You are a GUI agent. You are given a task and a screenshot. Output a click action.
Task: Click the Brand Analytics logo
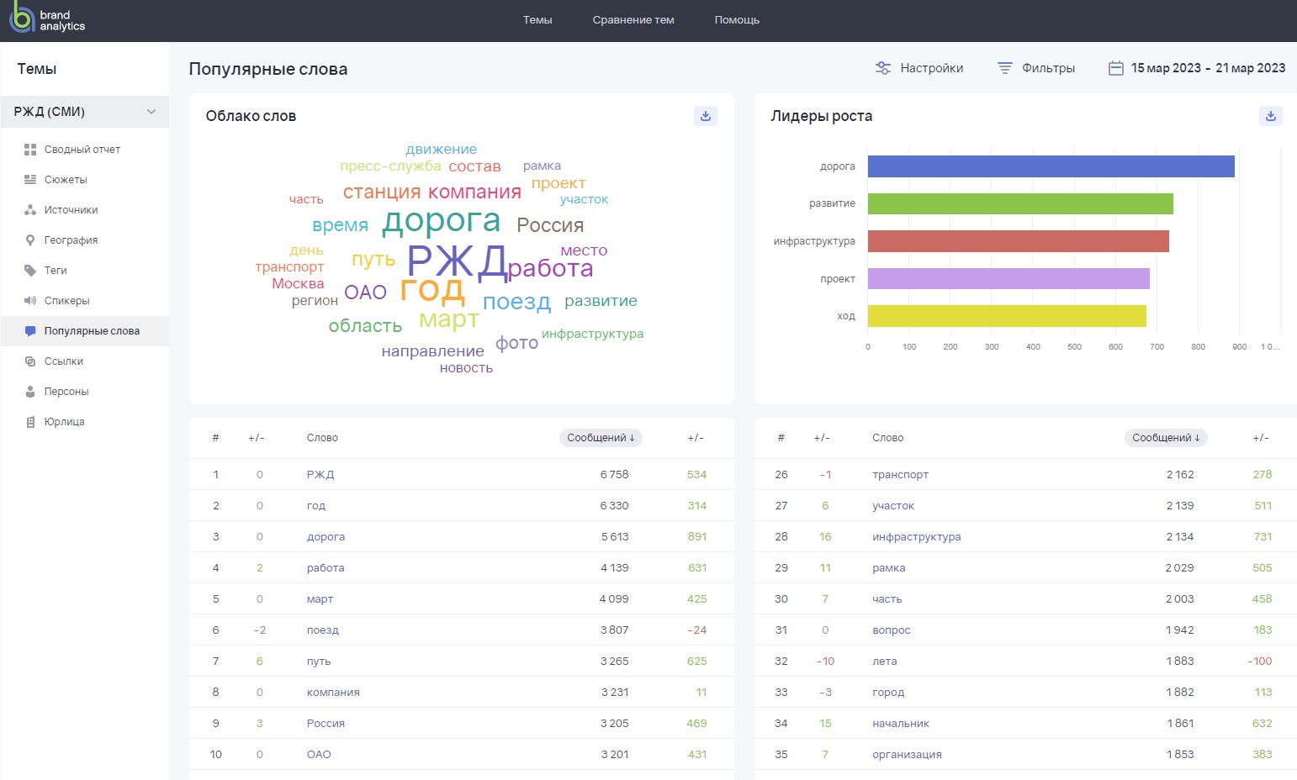coord(46,20)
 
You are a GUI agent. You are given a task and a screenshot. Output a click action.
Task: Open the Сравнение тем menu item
coord(633,20)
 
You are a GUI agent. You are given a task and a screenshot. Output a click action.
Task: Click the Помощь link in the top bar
coord(737,20)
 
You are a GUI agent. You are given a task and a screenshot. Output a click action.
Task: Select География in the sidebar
coord(71,240)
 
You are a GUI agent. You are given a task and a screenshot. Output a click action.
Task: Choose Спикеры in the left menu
coord(66,301)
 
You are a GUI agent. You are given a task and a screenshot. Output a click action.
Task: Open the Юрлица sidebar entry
coord(64,422)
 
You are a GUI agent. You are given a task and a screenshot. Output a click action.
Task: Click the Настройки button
coord(919,68)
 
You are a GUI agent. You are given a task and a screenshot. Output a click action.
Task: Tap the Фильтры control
coord(1036,68)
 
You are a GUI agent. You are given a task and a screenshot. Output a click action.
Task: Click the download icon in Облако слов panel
coord(706,116)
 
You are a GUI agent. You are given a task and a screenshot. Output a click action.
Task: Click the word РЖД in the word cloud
coord(457,261)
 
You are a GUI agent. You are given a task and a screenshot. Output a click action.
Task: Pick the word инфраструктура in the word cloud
coord(592,334)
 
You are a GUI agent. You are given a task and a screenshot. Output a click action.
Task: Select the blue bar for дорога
coord(1051,166)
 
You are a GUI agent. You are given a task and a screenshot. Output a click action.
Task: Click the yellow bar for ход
coord(1007,316)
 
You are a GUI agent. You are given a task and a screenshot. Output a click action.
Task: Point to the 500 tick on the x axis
coord(1074,346)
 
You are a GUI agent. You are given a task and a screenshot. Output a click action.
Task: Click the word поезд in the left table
coord(323,630)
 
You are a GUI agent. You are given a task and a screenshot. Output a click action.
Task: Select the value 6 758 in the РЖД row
coord(614,475)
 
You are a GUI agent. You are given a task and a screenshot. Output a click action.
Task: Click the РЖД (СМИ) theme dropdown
coord(85,112)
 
